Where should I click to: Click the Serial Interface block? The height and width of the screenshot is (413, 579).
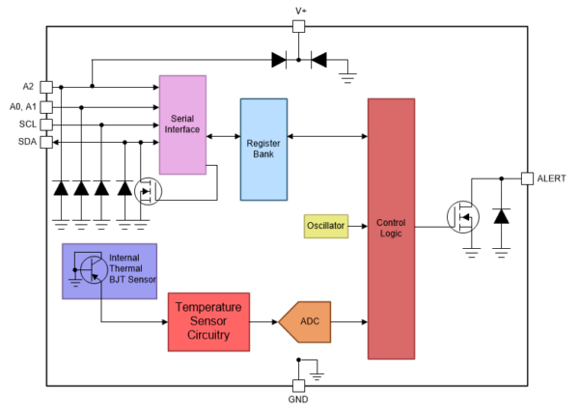182,124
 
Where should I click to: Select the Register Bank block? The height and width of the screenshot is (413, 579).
263,150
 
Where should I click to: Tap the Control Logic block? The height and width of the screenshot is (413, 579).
391,229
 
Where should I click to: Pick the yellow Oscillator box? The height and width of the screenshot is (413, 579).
326,226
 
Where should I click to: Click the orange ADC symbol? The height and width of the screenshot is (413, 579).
305,322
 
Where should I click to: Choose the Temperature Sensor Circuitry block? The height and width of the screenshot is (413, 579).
208,322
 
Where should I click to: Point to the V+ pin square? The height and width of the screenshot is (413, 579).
299,27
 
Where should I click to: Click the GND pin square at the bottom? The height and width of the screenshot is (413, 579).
299,386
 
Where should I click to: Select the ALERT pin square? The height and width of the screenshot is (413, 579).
527,179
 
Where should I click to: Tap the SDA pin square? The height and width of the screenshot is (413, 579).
46,142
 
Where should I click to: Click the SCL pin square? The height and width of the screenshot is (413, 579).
46,124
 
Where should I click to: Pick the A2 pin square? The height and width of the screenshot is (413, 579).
46,88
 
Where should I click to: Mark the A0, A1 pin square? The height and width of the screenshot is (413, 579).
46,107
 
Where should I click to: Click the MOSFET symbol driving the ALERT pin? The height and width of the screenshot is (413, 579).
463,217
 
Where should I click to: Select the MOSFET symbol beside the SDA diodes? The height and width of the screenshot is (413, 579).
148,191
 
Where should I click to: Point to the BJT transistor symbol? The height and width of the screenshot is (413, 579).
94,270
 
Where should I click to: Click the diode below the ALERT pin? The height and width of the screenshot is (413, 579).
501,216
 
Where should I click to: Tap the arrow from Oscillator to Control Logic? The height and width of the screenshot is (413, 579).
358,226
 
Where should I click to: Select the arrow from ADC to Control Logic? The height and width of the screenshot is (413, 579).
349,322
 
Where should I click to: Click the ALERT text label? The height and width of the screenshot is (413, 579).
551,179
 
